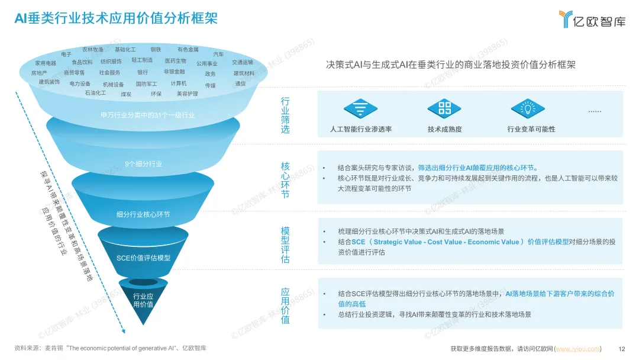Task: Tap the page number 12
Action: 621,348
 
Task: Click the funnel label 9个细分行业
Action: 143,163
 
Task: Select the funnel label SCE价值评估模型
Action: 143,258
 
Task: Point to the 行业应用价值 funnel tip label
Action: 143,300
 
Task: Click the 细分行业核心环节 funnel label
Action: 143,214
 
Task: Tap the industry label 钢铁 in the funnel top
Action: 156,50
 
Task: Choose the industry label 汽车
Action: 218,54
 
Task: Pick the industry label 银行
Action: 143,72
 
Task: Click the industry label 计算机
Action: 179,83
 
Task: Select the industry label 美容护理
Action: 188,94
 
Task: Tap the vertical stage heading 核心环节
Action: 285,179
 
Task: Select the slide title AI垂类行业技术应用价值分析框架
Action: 116,19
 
